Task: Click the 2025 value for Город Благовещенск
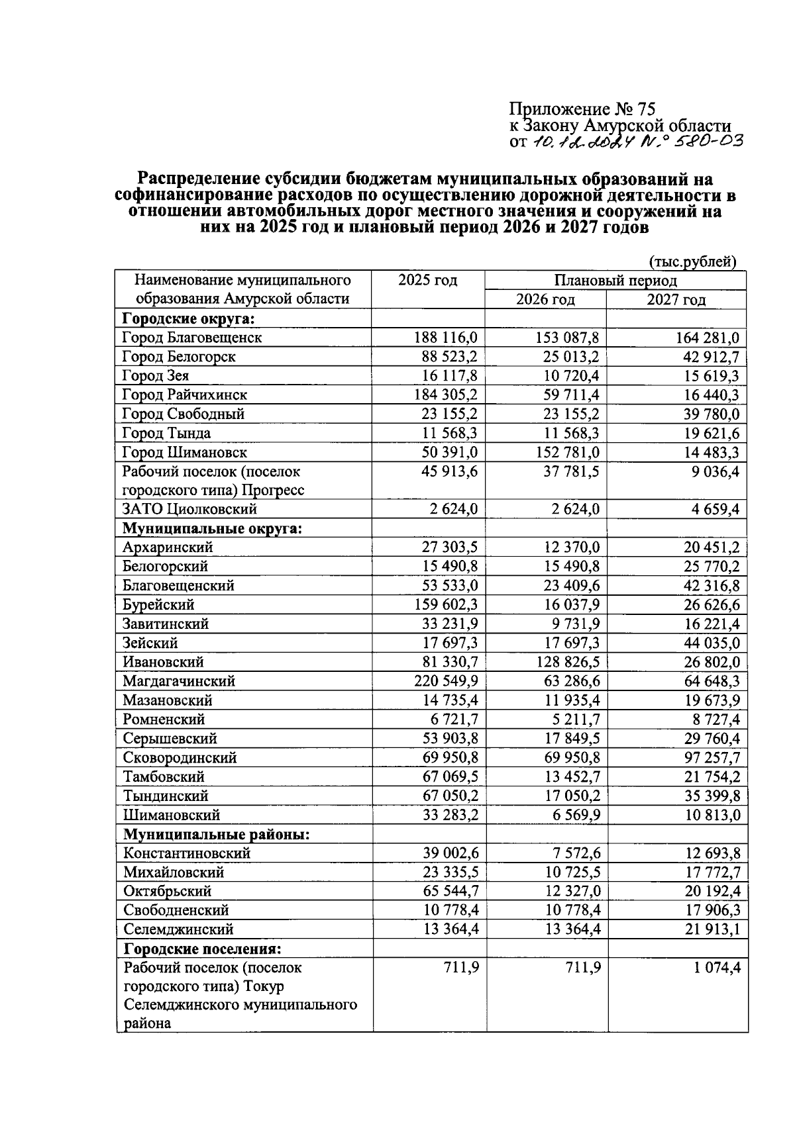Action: point(445,338)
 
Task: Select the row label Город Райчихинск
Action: point(185,395)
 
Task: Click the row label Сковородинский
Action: point(180,758)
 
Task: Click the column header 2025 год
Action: point(427,281)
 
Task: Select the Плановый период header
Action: point(615,281)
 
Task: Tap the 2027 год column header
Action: point(676,300)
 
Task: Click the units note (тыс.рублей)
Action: point(693,262)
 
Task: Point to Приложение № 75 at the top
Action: point(582,109)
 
